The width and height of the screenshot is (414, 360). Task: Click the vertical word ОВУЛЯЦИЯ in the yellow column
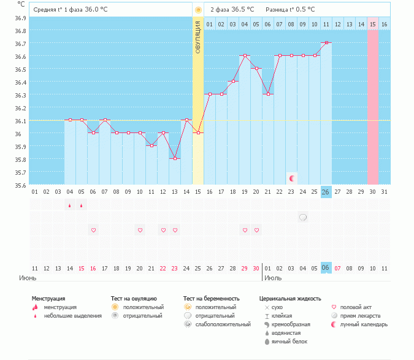point(197,37)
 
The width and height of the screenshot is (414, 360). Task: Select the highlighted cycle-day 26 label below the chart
point(326,192)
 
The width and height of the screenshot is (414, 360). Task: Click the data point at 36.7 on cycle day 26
point(326,42)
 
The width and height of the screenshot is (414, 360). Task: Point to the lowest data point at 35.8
point(175,158)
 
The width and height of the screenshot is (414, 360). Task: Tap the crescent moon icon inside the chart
point(292,178)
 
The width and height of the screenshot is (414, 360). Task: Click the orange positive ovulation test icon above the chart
point(197,10)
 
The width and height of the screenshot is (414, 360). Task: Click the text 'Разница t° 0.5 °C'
point(290,10)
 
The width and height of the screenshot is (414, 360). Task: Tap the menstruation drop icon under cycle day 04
point(70,205)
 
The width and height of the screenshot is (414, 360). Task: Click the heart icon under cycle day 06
point(93,230)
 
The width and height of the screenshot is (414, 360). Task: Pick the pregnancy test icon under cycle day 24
point(303,217)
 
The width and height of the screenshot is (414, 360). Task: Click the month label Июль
point(273,278)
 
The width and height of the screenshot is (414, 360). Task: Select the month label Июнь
point(18,278)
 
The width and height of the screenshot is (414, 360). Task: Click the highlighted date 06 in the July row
point(326,268)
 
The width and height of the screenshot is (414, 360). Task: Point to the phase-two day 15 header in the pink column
point(372,25)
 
